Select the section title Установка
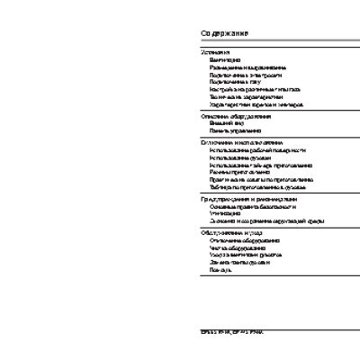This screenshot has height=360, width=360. click(215, 52)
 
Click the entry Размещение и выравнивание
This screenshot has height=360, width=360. click(247, 67)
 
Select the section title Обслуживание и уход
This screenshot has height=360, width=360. click(232, 232)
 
